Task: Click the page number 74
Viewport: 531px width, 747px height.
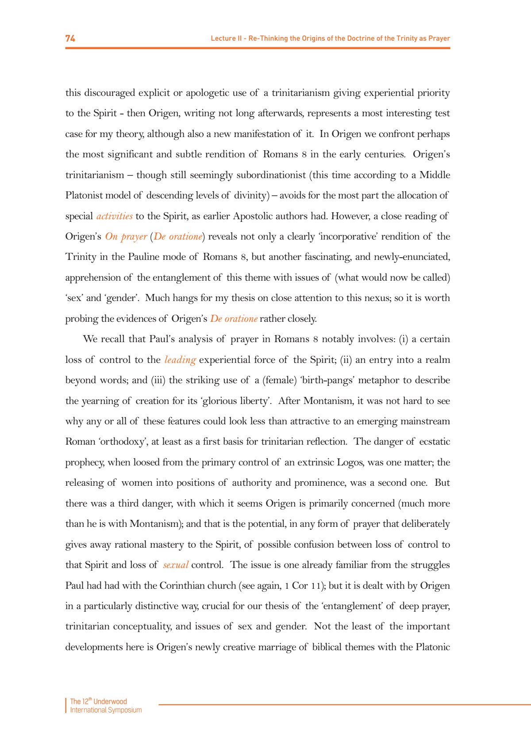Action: point(70,38)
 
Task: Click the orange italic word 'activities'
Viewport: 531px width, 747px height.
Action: point(115,216)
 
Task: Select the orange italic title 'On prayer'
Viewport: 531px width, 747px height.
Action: point(126,236)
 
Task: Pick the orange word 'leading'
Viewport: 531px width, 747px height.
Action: point(180,360)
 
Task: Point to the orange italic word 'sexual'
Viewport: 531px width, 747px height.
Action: point(176,565)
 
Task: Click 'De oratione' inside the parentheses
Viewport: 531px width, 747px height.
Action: point(178,236)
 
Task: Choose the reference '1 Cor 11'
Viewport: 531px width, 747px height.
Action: point(303,586)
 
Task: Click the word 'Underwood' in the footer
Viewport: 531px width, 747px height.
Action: point(110,701)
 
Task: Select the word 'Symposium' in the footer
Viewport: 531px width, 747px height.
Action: point(125,710)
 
